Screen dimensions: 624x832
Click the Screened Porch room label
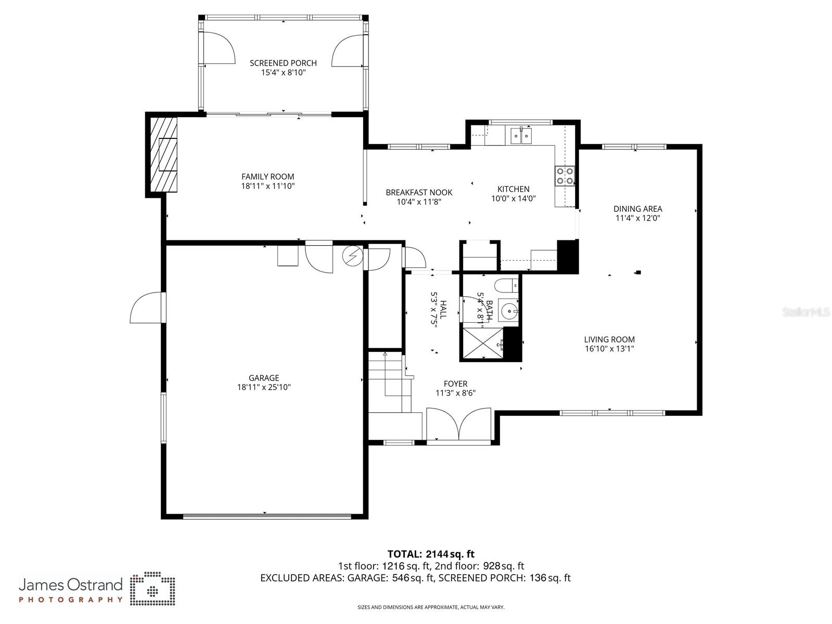(x=283, y=63)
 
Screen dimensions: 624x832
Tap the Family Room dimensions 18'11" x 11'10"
(x=267, y=186)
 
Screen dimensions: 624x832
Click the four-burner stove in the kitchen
(x=565, y=175)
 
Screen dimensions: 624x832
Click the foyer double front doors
(x=458, y=425)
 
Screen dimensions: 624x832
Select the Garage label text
(x=264, y=378)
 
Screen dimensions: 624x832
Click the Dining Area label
(x=637, y=209)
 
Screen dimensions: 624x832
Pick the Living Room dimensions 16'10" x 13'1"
(x=609, y=349)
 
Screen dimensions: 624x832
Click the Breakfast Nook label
(x=419, y=192)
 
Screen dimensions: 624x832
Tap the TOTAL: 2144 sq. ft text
(x=431, y=554)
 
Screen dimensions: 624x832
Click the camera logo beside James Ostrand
(x=152, y=590)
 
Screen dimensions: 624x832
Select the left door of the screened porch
(x=219, y=48)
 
